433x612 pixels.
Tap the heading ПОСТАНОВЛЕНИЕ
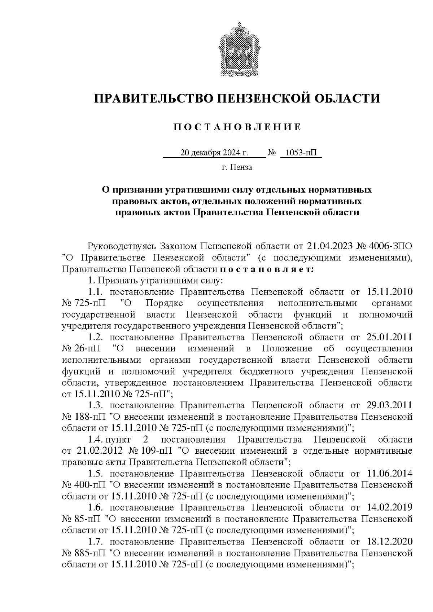[237, 127]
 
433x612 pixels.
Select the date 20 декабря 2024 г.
[214, 153]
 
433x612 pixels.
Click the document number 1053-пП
[300, 153]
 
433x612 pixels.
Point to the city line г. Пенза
[237, 167]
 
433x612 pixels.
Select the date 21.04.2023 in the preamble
[329, 247]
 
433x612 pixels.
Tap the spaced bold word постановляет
[267, 269]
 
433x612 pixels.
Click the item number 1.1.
[96, 292]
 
